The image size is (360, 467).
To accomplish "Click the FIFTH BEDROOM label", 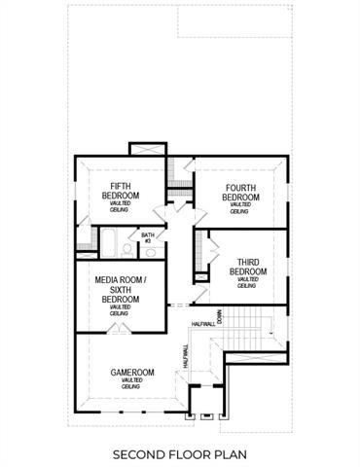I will tap(121, 192).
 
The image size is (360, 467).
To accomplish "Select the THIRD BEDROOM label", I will tap(247, 267).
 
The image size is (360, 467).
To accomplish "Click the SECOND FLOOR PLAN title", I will tap(179, 453).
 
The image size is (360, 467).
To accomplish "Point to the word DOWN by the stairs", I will tap(221, 315).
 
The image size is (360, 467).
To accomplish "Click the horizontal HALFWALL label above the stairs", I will tap(203, 323).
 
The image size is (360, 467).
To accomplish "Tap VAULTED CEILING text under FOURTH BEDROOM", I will tap(239, 208).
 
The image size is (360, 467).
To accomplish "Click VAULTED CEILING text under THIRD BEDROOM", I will tap(247, 282).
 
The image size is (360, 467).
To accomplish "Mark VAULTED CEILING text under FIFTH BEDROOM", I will tap(121, 208).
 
